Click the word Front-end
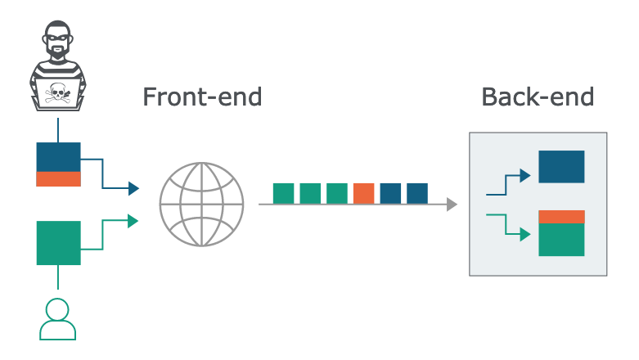202,97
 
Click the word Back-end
538,97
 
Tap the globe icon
202,205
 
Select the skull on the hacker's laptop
57,93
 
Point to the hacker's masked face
57,40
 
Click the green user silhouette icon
57,319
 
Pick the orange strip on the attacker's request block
59,179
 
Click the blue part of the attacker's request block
59,157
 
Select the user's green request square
59,243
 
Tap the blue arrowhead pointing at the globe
133,188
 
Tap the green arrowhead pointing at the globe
133,221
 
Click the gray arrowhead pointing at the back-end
452,205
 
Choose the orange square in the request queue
363,193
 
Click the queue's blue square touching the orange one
390,193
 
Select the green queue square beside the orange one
337,193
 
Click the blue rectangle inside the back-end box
561,167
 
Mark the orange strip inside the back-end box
561,217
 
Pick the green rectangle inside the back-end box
561,240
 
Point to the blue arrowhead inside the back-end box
525,176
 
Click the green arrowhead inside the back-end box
525,235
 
